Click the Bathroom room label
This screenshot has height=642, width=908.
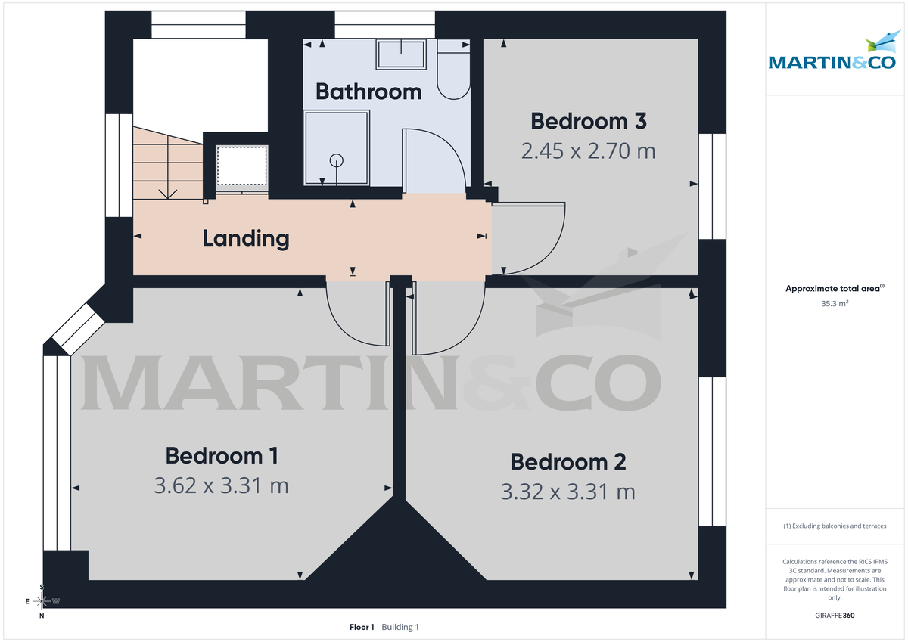click(368, 91)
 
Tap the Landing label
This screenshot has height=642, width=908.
click(246, 238)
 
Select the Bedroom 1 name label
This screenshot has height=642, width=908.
click(222, 456)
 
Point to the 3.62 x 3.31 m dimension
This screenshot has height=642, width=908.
click(222, 485)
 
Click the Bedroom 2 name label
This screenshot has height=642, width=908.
click(568, 461)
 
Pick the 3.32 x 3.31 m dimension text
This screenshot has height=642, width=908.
click(568, 492)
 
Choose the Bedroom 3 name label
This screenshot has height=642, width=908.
click(588, 121)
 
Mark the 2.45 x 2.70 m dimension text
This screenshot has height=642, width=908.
click(588, 151)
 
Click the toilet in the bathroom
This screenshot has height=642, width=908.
click(453, 73)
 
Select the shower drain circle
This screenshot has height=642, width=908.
click(337, 160)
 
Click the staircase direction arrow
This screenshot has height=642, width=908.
click(168, 192)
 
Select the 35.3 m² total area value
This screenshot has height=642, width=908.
click(835, 303)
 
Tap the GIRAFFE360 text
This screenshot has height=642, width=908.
click(835, 616)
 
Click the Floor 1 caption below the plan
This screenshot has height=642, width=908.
click(362, 627)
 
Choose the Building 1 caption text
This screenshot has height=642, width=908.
click(400, 627)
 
